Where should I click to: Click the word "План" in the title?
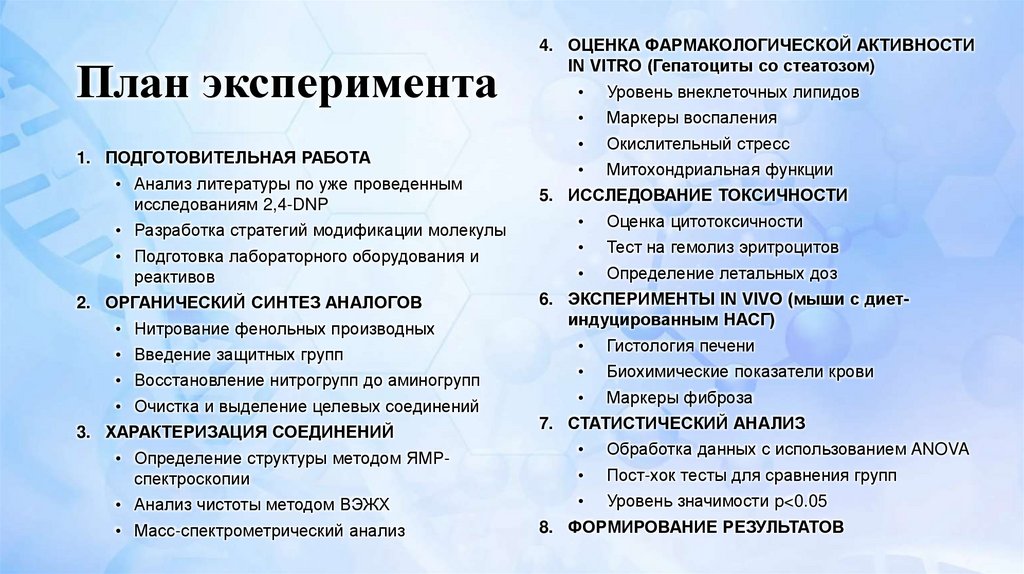click(134, 84)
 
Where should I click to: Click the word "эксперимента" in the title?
click(351, 86)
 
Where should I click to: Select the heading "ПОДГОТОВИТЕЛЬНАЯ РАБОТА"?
click(238, 158)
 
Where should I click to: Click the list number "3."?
click(83, 432)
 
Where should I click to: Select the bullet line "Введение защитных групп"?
click(238, 354)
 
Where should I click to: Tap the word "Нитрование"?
click(177, 328)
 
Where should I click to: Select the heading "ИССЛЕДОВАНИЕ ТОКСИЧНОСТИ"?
click(707, 195)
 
